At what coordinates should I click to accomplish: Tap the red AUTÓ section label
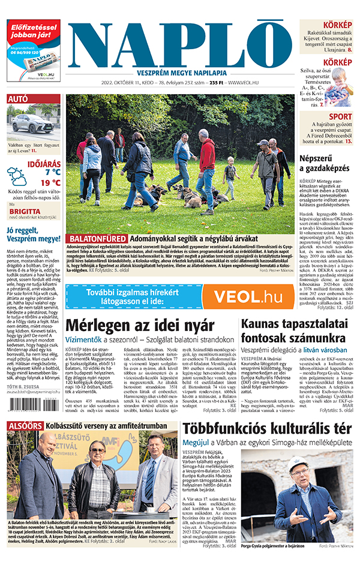pyautogui.click(x=17, y=98)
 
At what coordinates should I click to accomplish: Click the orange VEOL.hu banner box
pyautogui.click(x=247, y=296)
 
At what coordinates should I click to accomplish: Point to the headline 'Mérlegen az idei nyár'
pyautogui.click(x=140, y=326)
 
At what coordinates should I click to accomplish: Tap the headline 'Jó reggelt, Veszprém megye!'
pyautogui.click(x=33, y=235)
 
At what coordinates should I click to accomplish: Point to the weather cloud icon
pyautogui.click(x=16, y=175)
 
